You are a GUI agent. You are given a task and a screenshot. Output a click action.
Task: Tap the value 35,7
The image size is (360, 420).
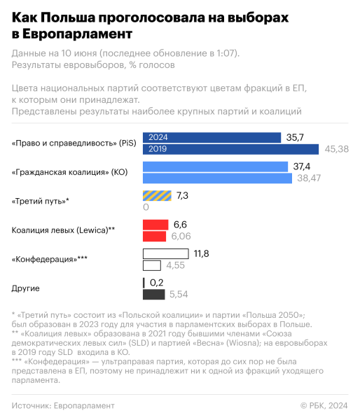pos(296,138)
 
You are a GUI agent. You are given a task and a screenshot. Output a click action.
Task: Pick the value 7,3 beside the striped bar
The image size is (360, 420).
pos(182,195)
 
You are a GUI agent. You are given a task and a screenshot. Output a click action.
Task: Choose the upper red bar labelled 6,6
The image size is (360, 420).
pos(155,224)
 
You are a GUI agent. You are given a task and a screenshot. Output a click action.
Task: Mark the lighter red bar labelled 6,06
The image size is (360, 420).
pos(155,236)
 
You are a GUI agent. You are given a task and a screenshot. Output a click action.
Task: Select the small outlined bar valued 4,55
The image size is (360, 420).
pos(151,265)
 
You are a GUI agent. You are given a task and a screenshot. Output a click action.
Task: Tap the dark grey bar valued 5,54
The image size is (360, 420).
pos(153,294)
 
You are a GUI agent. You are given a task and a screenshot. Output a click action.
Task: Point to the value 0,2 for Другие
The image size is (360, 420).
pos(156,282)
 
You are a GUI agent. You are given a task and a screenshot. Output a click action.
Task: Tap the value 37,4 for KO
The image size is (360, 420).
pos(302,167)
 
